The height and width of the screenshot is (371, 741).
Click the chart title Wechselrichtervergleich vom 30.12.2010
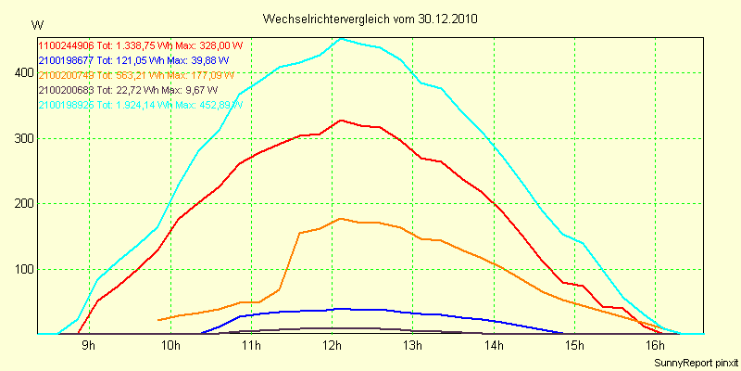click(370, 19)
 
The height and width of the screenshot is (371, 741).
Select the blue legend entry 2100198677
click(127, 59)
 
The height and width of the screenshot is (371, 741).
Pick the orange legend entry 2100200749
click(139, 75)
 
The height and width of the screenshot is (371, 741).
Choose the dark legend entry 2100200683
click(128, 90)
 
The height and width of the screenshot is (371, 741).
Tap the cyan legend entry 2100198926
click(139, 106)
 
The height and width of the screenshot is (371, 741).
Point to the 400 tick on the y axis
click(20, 73)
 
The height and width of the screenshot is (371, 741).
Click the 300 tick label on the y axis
click(20, 139)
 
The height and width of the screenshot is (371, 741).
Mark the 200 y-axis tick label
click(20, 204)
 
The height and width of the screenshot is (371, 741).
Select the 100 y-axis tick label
click(20, 270)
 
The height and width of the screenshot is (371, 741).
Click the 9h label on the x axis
click(89, 347)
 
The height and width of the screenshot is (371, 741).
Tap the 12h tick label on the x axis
click(332, 347)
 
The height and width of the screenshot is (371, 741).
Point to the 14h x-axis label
click(494, 347)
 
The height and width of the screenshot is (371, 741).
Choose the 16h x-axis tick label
click(655, 347)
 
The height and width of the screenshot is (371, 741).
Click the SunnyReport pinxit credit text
click(692, 361)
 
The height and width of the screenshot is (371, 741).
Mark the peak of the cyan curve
click(342, 38)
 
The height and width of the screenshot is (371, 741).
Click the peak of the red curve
click(342, 120)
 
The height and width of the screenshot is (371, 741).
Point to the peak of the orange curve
click(342, 218)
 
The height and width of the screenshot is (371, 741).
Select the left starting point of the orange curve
click(159, 320)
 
